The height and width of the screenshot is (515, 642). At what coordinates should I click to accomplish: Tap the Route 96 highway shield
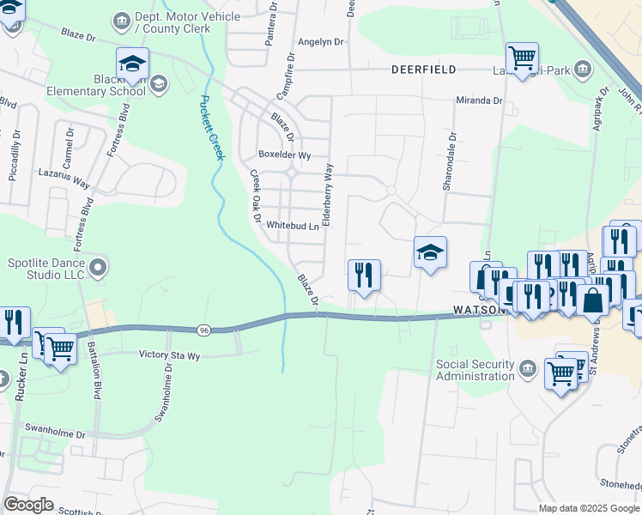click(x=203, y=330)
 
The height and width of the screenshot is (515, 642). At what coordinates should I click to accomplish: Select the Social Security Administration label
click(x=475, y=370)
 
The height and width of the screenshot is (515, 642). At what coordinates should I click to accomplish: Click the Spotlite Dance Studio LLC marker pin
click(x=98, y=268)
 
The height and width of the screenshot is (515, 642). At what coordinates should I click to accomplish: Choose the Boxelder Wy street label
click(x=284, y=155)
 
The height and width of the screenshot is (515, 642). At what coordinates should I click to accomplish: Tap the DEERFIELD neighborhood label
click(x=424, y=69)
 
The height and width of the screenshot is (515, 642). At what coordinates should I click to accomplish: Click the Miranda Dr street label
click(x=479, y=100)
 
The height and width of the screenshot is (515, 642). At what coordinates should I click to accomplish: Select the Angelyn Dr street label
click(x=320, y=41)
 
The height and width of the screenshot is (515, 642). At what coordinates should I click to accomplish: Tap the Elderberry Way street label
click(x=327, y=196)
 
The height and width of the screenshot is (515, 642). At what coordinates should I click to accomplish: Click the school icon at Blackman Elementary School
click(x=132, y=63)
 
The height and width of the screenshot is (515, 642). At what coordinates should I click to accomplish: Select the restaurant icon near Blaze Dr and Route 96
click(x=364, y=276)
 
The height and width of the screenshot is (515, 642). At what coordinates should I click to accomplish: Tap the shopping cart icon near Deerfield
click(x=522, y=58)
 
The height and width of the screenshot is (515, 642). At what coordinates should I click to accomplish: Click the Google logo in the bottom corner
click(x=28, y=505)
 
